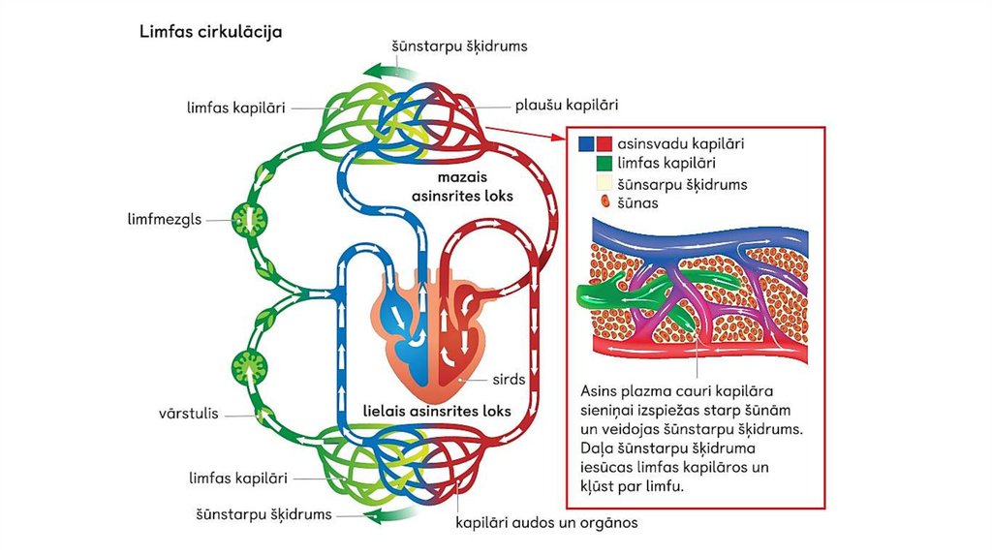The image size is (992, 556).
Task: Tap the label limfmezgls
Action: (169, 219)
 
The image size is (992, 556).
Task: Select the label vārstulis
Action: (187, 415)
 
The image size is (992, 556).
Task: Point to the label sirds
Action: (508, 379)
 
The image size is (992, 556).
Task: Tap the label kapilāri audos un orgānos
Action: (546, 523)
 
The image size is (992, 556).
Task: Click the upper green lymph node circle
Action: (248, 221)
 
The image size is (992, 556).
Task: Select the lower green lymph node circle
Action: (248, 367)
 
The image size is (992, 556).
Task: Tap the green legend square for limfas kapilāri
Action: (604, 164)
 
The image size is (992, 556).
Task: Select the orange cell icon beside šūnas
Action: (604, 203)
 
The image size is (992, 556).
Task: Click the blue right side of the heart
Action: (401, 324)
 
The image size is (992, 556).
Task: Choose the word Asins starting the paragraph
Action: (600, 390)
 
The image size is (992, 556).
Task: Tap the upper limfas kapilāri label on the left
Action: (235, 108)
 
